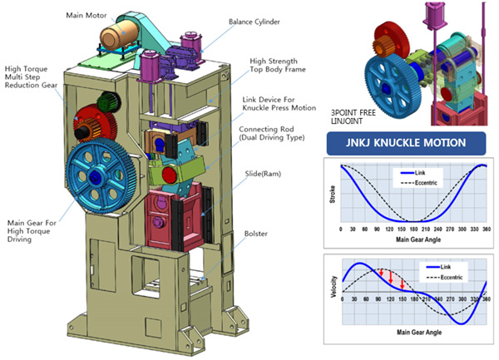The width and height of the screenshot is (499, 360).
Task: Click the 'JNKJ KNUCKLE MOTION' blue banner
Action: tap(405, 142)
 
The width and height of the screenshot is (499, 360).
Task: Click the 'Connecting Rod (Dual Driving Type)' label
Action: tap(269, 136)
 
